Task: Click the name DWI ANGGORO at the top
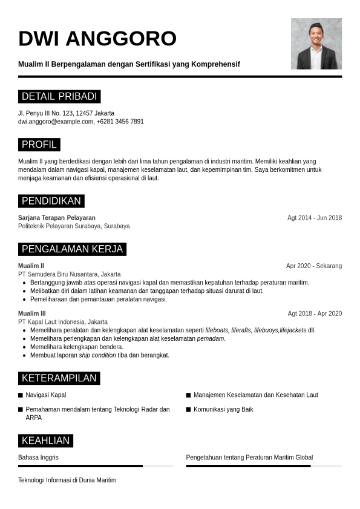coord(97,39)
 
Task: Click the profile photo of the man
coord(316,44)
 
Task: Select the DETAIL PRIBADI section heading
coord(59,97)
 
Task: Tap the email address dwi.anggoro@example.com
coord(56,122)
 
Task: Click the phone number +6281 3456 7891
coord(120,122)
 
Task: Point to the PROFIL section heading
coord(39,145)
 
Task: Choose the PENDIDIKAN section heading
coord(51,201)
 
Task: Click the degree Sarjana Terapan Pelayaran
coord(57,218)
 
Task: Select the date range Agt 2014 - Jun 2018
coord(315,218)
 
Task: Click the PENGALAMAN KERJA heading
coord(72,249)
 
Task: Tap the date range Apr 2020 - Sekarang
coord(314,266)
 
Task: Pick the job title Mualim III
coord(32,314)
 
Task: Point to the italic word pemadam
coord(211,338)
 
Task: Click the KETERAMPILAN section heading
coord(59,378)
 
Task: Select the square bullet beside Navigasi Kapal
coord(21,395)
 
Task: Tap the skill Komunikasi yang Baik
coord(223,410)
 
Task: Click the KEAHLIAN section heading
coord(46,441)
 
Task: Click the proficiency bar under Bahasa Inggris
coord(96,466)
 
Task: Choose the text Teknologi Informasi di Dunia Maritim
coord(67,480)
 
